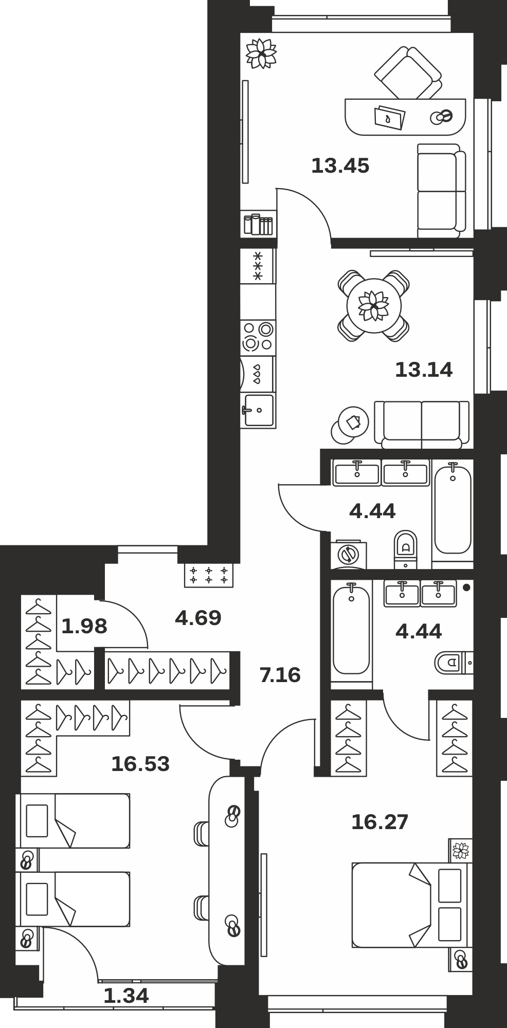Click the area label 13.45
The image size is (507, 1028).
click(340, 166)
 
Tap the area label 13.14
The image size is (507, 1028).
click(424, 370)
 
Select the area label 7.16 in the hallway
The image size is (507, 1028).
click(280, 675)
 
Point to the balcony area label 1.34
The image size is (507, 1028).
click(126, 996)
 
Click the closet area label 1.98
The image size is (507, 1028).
click(84, 626)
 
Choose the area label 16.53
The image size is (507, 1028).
click(140, 764)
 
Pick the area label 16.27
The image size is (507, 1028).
click(379, 822)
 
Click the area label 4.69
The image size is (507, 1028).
click(198, 618)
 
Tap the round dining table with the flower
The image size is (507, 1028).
click(374, 306)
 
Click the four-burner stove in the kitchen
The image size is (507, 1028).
click(258, 336)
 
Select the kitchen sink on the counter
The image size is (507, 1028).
click(258, 410)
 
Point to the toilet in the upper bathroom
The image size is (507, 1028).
click(406, 549)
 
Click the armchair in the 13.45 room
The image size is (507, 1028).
click(408, 72)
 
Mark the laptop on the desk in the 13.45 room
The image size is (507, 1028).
click(390, 118)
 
